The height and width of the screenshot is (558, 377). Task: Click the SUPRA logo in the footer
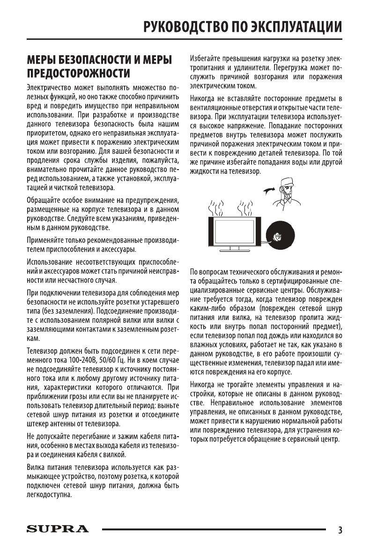point(57,529)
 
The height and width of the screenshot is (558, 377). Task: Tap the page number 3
point(340,530)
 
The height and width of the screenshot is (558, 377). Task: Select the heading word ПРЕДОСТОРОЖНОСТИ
point(79,74)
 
